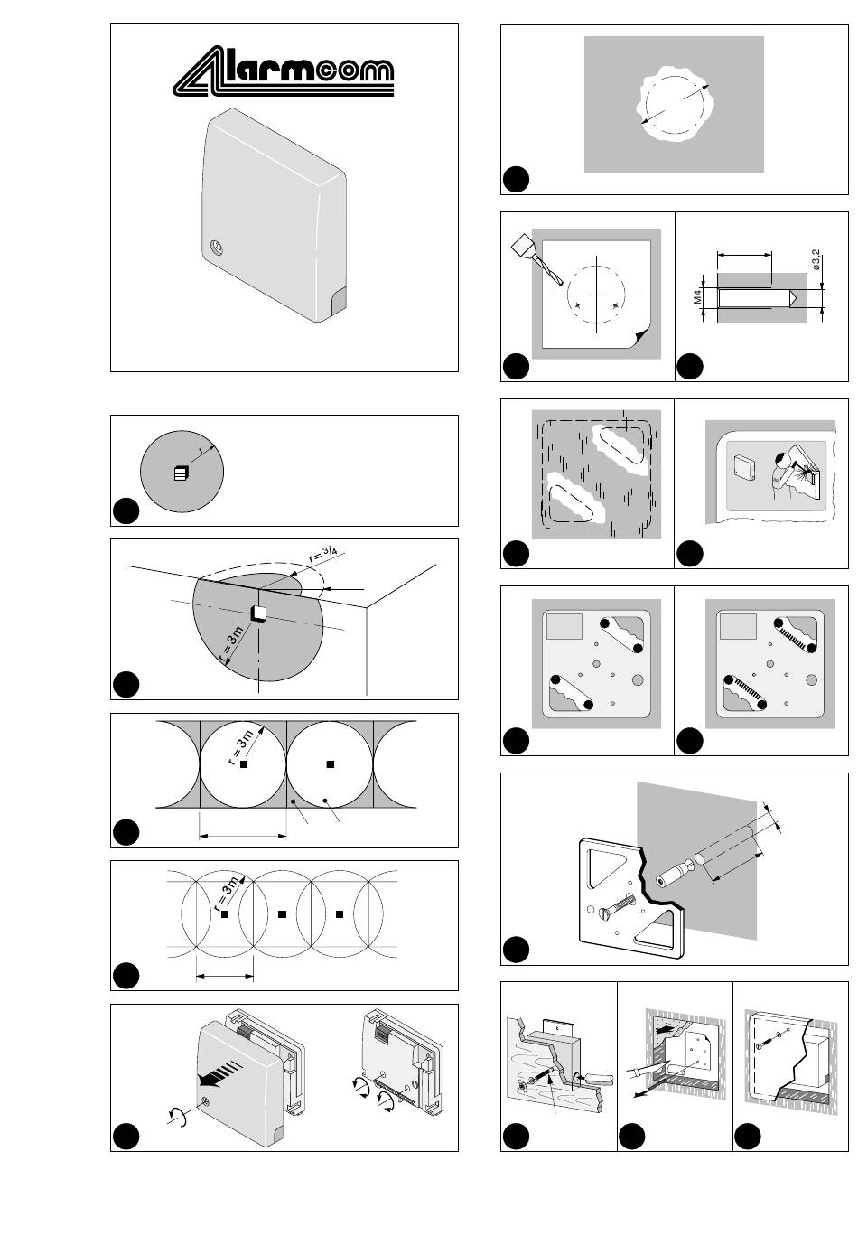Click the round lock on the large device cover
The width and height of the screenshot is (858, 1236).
[216, 248]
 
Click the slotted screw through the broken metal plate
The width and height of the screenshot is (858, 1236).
[613, 904]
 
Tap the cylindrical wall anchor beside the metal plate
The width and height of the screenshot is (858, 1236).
[673, 877]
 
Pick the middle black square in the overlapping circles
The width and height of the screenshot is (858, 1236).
[283, 914]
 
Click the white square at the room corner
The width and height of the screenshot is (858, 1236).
[258, 613]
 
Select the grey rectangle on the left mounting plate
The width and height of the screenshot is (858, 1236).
[564, 626]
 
